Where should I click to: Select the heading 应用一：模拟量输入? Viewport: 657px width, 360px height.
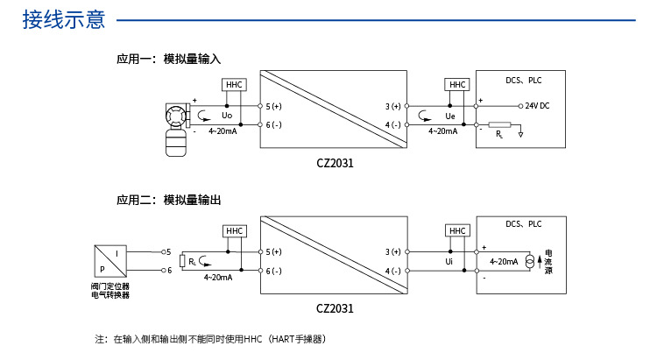(x=168, y=60)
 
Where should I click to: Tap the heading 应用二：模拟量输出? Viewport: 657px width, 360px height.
(x=168, y=200)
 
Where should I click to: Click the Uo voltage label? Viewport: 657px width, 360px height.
(x=226, y=116)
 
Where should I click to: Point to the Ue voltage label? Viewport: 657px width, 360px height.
(x=449, y=116)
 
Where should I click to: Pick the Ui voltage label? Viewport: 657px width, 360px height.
(x=449, y=261)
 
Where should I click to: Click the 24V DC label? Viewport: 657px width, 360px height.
(x=537, y=106)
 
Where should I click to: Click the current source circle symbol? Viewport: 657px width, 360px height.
(x=529, y=261)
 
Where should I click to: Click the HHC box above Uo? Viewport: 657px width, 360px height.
(x=234, y=84)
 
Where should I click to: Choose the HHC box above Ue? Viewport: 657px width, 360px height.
(x=457, y=84)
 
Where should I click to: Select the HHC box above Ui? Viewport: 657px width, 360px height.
(x=457, y=230)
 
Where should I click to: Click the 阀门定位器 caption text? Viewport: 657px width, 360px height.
(x=109, y=286)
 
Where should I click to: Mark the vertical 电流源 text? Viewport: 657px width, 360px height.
(x=548, y=261)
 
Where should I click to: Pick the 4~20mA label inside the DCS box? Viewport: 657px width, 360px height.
(x=504, y=261)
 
